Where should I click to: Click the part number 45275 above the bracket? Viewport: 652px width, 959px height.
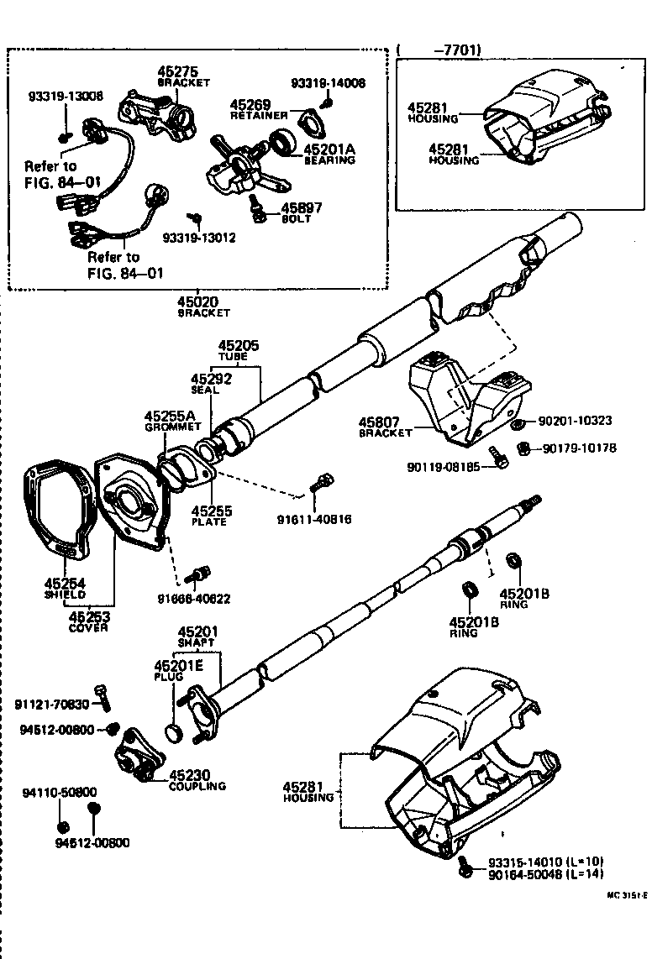180,72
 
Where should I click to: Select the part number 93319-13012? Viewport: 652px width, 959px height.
199,238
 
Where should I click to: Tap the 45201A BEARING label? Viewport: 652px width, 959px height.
329,154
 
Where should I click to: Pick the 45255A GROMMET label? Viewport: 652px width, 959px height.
169,420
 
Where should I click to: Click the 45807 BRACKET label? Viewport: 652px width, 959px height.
386,427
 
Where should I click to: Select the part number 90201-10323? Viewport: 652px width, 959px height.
575,420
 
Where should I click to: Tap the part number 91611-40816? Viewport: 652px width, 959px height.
313,519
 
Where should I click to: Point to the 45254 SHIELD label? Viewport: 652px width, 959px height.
65,587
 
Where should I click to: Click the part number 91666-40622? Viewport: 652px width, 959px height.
193,599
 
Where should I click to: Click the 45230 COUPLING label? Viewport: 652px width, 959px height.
197,779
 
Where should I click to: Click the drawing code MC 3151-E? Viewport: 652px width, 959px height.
627,895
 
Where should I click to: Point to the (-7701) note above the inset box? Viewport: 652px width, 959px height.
439,50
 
